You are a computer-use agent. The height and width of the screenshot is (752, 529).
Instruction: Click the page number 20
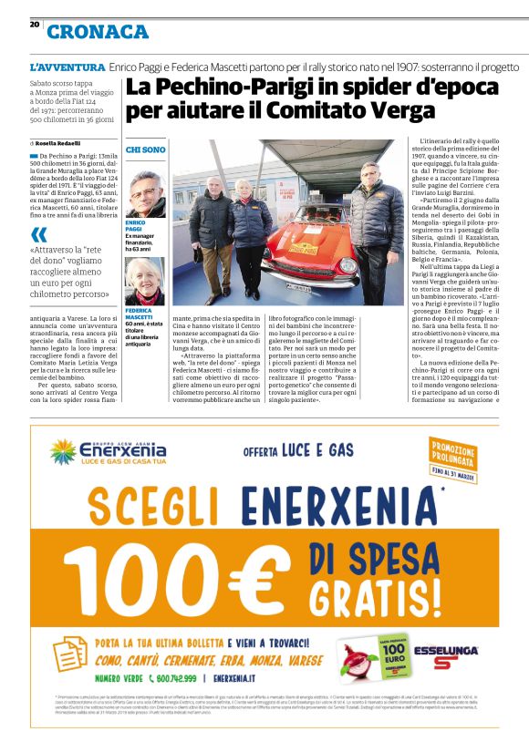coord(34,25)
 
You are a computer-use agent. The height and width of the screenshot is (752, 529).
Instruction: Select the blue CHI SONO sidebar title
coord(146,149)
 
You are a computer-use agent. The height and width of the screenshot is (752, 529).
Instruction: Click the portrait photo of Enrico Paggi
coord(145,194)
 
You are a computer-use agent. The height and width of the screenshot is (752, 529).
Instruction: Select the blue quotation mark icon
coord(38,234)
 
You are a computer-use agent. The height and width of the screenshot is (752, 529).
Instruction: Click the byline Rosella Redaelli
coord(58,143)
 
